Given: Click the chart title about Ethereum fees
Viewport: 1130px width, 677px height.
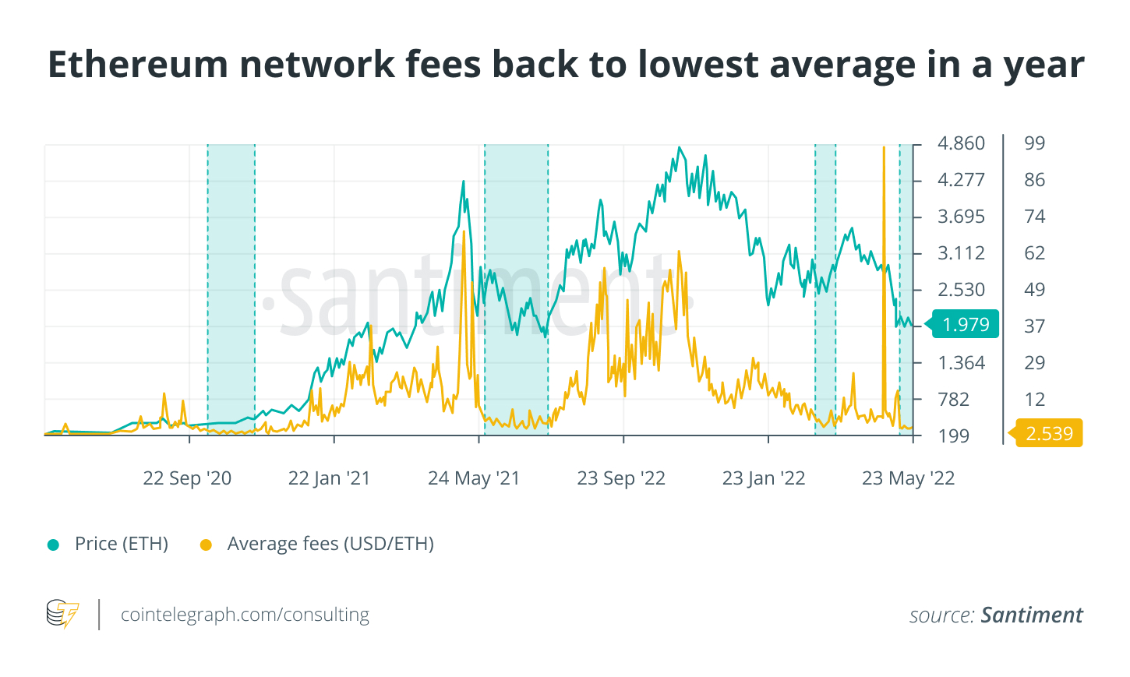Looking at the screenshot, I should [x=565, y=65].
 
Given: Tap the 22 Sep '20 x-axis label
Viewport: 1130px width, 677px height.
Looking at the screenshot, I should [x=187, y=478].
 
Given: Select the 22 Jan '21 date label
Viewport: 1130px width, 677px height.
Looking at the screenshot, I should [x=329, y=478].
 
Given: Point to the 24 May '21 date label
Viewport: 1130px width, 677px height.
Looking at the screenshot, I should [x=474, y=478].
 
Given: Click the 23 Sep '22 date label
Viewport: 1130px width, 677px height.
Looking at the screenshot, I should [x=621, y=478].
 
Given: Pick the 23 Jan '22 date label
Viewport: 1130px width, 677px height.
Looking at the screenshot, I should [x=764, y=478].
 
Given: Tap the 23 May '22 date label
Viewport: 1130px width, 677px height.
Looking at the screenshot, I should [x=908, y=478].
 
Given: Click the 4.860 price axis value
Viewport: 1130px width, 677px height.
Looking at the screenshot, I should [x=961, y=143].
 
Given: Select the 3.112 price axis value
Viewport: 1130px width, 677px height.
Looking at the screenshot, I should [x=961, y=253].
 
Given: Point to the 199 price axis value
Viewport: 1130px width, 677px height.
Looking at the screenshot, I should [x=954, y=435].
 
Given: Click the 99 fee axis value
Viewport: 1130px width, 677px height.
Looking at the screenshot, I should [x=1034, y=143].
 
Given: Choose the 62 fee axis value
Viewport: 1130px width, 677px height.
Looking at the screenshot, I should [x=1034, y=253].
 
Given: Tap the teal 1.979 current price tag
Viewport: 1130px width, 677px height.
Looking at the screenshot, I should [x=965, y=324].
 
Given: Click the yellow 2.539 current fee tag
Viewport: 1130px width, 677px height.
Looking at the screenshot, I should [x=1049, y=433].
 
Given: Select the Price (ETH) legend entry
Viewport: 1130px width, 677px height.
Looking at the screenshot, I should [x=121, y=544].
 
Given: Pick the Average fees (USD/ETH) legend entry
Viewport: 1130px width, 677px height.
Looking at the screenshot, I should [x=330, y=544].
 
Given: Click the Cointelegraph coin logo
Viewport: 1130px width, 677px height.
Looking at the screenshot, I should [x=62, y=614].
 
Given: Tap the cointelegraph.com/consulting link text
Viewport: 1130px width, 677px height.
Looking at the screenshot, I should [x=245, y=615].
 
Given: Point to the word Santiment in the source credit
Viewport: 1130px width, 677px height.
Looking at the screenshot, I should [x=1032, y=615].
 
